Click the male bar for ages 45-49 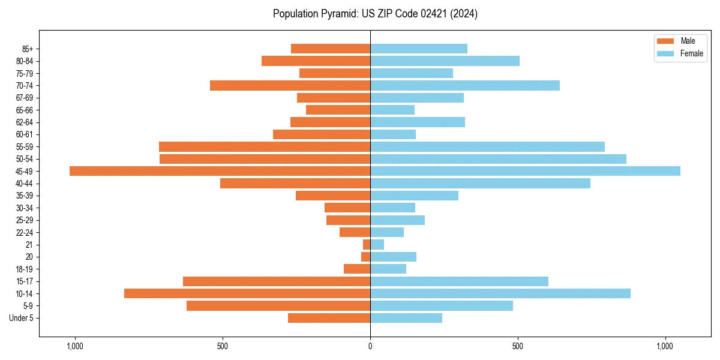(x=220, y=171)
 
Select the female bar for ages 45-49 (x=525, y=171)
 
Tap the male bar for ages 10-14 (x=247, y=293)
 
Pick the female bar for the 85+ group (x=419, y=49)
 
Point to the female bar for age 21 (x=377, y=244)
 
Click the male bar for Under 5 (x=329, y=318)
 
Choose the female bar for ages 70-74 (x=465, y=85)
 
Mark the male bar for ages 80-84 (x=316, y=61)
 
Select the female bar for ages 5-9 (x=442, y=305)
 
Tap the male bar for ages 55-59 (x=265, y=146)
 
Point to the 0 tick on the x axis (x=370, y=346)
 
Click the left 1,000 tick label (x=75, y=346)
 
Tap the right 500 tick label (x=518, y=346)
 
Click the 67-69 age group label (x=25, y=98)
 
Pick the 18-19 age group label (x=25, y=269)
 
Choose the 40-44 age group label (x=25, y=183)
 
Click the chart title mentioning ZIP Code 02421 (x=375, y=14)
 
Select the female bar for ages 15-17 (x=459, y=281)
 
